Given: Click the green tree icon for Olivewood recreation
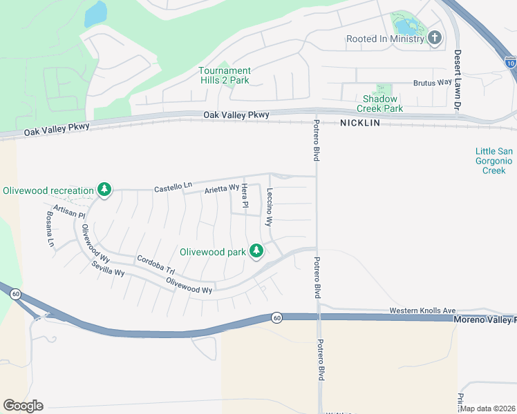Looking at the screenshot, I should (104, 190).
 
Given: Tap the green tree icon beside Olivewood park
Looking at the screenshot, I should (256, 251).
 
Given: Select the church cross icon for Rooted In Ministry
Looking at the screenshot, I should (435, 38).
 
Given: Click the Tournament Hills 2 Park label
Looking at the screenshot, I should (225, 75).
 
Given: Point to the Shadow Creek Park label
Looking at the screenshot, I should (379, 103).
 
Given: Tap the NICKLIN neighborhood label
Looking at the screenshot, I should (360, 123).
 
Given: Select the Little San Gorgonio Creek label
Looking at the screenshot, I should (493, 161).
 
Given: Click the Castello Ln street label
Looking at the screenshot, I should (173, 187).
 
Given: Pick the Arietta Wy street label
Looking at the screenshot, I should (221, 188).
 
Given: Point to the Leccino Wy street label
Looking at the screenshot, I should (270, 208).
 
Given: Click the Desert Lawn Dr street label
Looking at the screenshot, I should (457, 80).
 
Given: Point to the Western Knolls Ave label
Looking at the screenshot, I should (422, 310).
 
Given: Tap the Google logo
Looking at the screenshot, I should (23, 406).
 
